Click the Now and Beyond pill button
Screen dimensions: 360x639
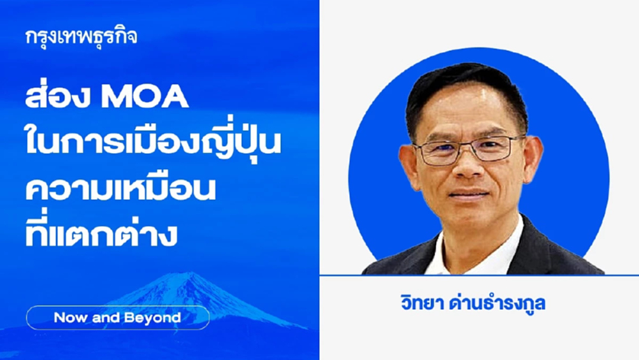[x=118, y=318]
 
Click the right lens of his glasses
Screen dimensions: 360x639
[x=496, y=148]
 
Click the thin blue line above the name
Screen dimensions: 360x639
[x=479, y=276]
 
